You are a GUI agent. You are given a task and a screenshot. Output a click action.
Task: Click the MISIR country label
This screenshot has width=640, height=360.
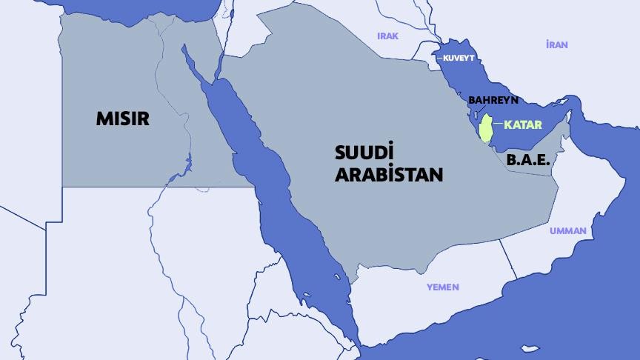coord(123,118)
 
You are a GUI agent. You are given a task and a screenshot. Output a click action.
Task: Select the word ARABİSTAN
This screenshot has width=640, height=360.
coord(389,176)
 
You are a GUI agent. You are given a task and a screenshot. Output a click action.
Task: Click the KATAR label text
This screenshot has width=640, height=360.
coord(522,124)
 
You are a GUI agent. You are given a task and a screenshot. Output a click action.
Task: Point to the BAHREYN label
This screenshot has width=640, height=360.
coord(493,100)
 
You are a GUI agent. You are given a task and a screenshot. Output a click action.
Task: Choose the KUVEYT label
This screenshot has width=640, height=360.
coord(457,58)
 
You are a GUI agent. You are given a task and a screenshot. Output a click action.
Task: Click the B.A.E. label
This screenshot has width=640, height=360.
coord(528,159)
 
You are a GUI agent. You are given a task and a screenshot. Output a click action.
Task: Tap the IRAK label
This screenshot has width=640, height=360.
coord(388,36)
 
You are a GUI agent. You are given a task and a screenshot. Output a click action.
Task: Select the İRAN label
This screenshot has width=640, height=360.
coord(556,45)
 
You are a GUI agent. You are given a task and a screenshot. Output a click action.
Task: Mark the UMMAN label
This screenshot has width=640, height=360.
coord(567,231)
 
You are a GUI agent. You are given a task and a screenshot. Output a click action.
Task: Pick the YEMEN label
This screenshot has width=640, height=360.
coord(442,287)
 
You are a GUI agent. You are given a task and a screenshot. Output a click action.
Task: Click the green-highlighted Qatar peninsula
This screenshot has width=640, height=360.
coord(486,127)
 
